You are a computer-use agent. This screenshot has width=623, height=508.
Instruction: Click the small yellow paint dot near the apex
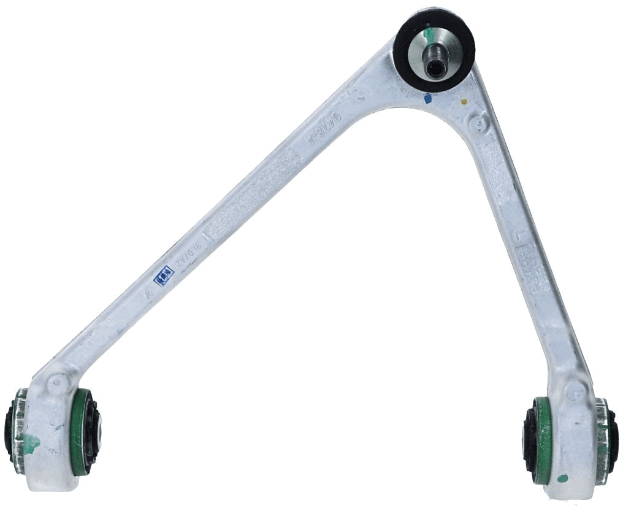[464, 101]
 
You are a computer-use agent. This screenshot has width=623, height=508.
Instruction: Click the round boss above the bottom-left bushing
[59, 383]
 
